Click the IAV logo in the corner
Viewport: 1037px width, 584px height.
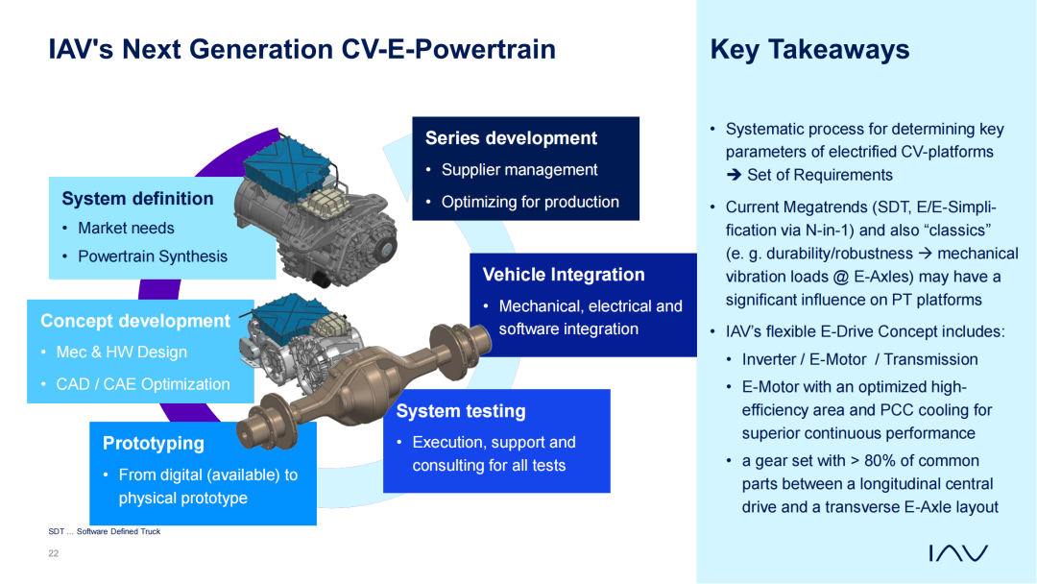pyautogui.click(x=958, y=553)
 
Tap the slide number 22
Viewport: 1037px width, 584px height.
pyautogui.click(x=54, y=553)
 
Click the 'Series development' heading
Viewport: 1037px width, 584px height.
pyautogui.click(x=511, y=138)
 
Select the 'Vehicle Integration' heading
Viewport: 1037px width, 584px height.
pyautogui.click(x=564, y=275)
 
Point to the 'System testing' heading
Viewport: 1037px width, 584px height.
pyautogui.click(x=461, y=411)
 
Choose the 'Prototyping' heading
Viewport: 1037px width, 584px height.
pyautogui.click(x=154, y=443)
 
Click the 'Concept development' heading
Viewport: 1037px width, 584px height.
pyautogui.click(x=135, y=321)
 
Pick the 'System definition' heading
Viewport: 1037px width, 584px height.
pyautogui.click(x=137, y=199)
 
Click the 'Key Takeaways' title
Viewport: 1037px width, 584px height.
pyautogui.click(x=809, y=50)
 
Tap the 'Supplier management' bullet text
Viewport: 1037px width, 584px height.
pyautogui.click(x=519, y=170)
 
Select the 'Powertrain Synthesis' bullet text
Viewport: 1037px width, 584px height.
pyautogui.click(x=153, y=256)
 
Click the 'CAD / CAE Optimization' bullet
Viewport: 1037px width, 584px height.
pyautogui.click(x=143, y=384)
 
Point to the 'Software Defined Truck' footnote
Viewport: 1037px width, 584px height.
pyautogui.click(x=118, y=531)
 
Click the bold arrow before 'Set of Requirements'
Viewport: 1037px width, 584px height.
pyautogui.click(x=735, y=175)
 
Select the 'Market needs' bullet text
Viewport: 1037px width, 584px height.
pyautogui.click(x=127, y=229)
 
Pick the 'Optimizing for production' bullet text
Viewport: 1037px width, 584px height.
pyautogui.click(x=530, y=203)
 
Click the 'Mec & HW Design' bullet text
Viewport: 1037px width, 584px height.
pyautogui.click(x=122, y=353)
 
